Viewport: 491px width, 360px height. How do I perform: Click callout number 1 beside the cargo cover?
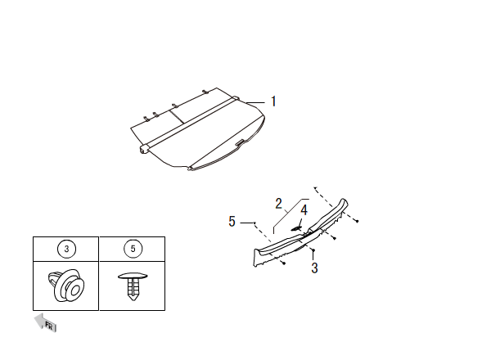pos(273,101)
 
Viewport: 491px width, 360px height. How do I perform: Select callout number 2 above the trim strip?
pos(278,202)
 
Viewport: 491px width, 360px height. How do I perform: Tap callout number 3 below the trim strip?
pos(315,268)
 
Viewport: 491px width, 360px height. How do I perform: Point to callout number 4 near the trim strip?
pos(304,210)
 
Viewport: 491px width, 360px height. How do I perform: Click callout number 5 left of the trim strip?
pos(232,221)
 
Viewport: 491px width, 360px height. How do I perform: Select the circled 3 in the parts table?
pos(65,249)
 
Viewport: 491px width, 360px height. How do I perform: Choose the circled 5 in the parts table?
pos(132,249)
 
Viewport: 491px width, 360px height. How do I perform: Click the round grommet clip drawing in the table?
pos(66,286)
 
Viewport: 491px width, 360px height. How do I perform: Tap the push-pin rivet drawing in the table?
pos(132,286)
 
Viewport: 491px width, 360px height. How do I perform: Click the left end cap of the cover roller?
pos(144,150)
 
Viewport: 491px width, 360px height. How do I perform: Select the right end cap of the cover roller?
pos(236,99)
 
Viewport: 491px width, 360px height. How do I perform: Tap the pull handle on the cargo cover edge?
pos(239,146)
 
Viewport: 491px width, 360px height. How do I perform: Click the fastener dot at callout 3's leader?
pos(312,249)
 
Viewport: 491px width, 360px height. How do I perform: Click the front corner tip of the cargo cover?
pos(190,169)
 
